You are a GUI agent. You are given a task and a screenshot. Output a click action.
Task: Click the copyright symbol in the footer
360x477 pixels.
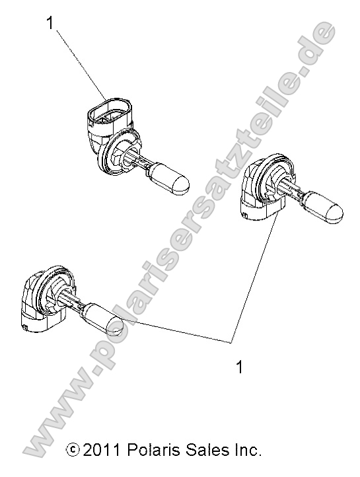click(x=73, y=451)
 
